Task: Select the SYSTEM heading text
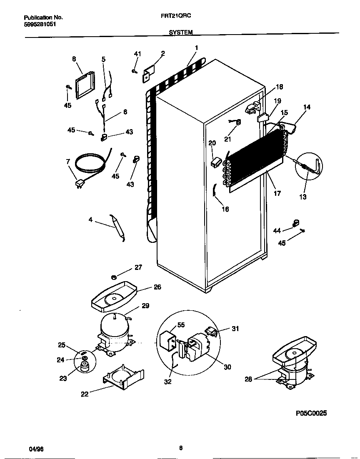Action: (x=180, y=32)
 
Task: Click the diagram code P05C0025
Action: (x=311, y=413)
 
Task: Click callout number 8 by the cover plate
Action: (x=74, y=59)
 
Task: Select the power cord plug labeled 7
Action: (x=79, y=183)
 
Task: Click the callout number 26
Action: (x=157, y=287)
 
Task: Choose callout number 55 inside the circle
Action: (x=181, y=324)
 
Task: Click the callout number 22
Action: (x=85, y=394)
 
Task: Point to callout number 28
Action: (x=248, y=379)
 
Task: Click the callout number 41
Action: (x=137, y=54)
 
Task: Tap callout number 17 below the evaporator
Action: (x=277, y=193)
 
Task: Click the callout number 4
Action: (x=90, y=220)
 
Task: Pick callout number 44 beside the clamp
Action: (x=277, y=230)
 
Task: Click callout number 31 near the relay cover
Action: (x=235, y=329)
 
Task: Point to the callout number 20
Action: (x=212, y=143)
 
